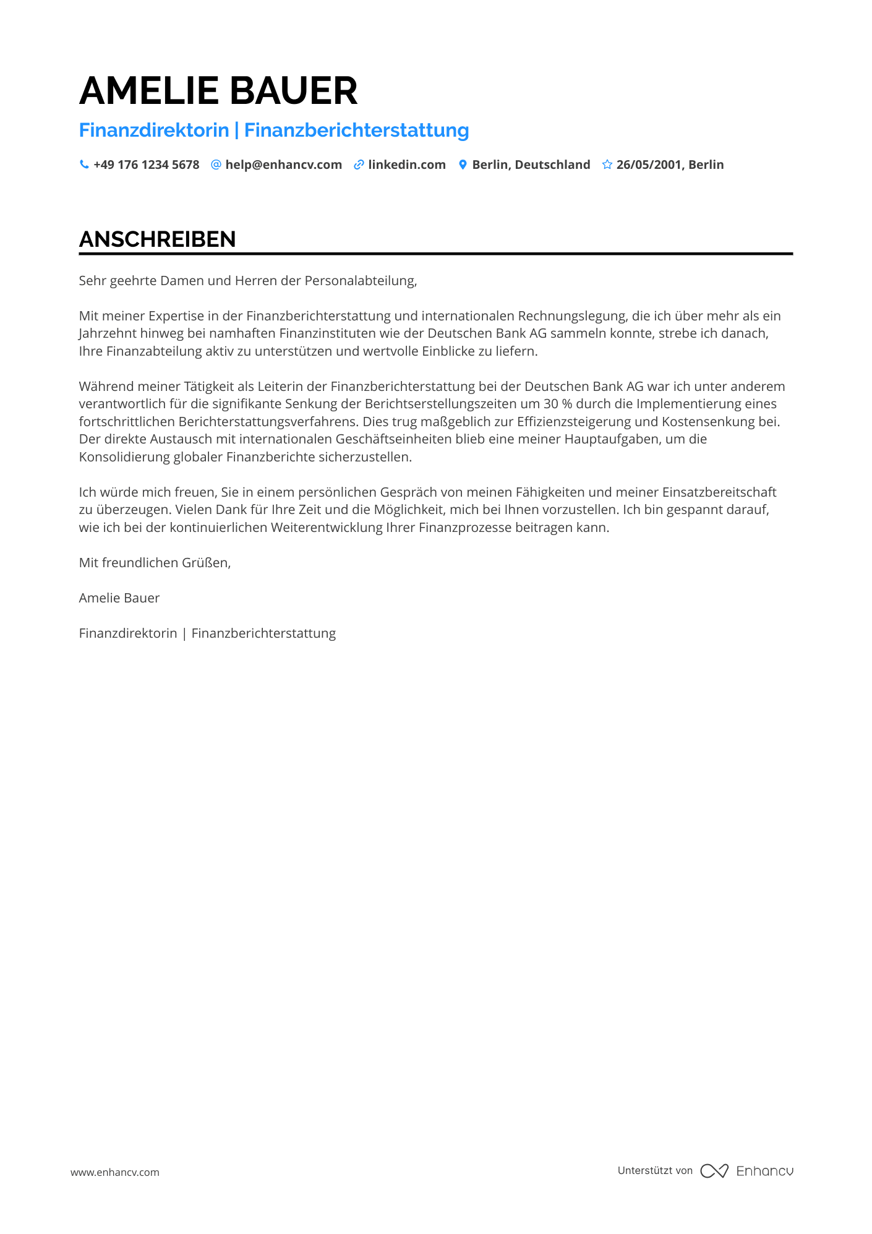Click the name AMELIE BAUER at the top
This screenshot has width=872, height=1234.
click(218, 91)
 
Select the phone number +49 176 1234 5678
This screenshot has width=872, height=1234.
click(146, 165)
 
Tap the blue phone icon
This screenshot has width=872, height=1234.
click(84, 165)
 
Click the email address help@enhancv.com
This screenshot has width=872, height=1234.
click(283, 165)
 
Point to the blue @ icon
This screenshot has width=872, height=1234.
click(216, 165)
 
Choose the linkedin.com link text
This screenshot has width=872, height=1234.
click(407, 165)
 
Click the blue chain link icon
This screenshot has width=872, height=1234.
click(359, 165)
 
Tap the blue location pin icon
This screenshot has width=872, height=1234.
click(463, 165)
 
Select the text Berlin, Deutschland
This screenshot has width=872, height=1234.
click(531, 165)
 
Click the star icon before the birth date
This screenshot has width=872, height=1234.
click(607, 165)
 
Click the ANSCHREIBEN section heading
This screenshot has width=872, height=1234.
click(158, 239)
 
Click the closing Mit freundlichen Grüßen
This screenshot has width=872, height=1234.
click(155, 563)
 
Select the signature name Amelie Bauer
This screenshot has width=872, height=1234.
click(119, 598)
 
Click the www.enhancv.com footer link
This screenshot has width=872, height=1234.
click(115, 1172)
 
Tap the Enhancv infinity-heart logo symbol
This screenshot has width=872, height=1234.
click(714, 1171)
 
